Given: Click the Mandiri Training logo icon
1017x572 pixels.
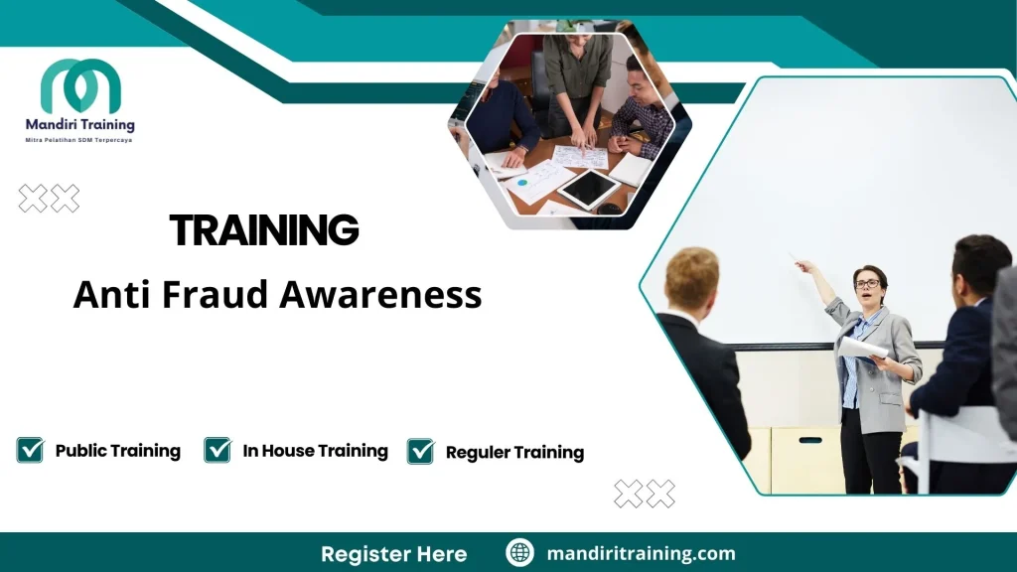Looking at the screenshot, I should [80, 87].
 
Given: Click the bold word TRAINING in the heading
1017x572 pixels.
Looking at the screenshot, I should [264, 230].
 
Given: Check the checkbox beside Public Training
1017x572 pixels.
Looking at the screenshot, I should [30, 450].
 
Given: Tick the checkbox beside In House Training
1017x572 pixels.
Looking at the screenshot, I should [218, 450].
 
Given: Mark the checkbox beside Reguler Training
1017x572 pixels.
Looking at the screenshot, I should [420, 452].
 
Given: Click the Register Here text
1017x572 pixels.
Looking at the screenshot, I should [393, 553].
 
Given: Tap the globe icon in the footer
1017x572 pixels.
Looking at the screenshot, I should [519, 553].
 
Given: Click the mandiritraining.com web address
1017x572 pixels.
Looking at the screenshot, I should [641, 553].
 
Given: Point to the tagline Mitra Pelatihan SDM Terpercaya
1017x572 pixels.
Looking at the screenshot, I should [78, 140].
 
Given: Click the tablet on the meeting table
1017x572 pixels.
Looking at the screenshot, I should [588, 188].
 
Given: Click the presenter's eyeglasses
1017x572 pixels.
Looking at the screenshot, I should [867, 284].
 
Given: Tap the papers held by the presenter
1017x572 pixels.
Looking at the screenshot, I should [862, 349].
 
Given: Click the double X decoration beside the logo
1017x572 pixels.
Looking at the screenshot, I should [49, 199].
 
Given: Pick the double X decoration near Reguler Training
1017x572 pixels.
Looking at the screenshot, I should [644, 494].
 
